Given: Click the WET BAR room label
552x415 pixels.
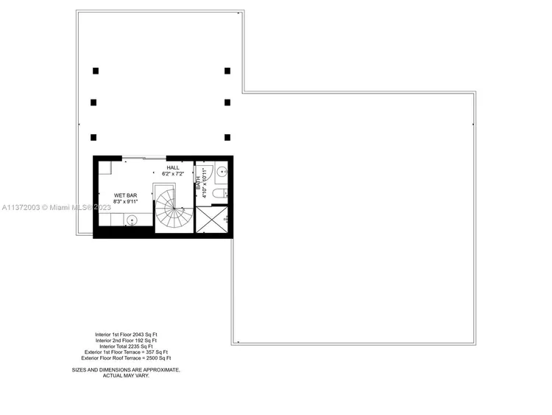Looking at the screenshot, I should point(126,195).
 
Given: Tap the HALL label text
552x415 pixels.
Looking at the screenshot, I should point(173,167).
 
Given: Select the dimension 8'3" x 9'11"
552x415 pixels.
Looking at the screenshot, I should point(126,201).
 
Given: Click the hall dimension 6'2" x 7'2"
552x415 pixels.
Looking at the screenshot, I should point(173,173).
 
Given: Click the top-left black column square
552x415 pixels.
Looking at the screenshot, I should point(96,71).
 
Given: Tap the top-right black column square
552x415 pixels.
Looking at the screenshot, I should point(227,71).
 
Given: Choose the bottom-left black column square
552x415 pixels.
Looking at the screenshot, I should point(94,137).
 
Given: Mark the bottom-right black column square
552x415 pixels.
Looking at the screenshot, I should point(227,137).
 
